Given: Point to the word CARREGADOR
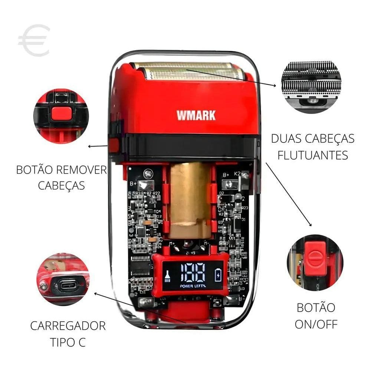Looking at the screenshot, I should tap(68, 326).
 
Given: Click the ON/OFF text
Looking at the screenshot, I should tap(316, 324).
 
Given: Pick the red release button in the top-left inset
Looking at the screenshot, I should tap(61, 112).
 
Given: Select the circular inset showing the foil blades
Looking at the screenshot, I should tap(311, 86).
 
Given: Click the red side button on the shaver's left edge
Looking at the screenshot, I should tap(114, 145).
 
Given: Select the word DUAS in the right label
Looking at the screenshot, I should tap(288, 138).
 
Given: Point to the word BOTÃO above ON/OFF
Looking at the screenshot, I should tap(316, 308).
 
